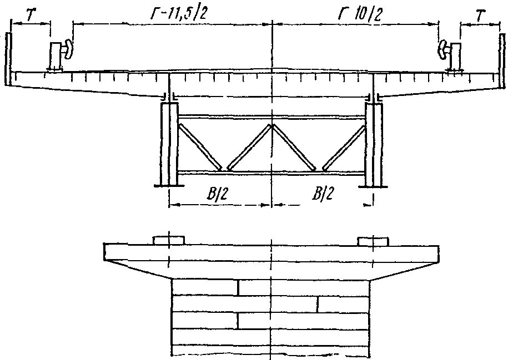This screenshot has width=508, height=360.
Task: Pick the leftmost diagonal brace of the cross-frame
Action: point(200,146)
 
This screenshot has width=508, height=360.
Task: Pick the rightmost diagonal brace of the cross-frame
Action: point(344,146)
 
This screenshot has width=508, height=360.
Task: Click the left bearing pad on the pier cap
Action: point(169,241)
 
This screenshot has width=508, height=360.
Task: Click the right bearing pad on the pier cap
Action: point(374,241)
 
